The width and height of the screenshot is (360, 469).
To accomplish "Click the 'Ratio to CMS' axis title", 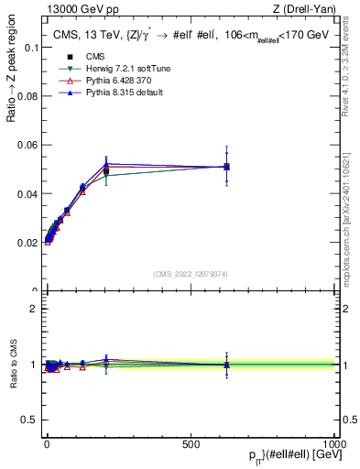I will coord(14,364).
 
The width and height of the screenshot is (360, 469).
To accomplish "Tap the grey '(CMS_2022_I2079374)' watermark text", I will coord(191,272).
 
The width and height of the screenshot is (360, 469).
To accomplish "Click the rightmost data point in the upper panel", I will coord(226,166).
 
